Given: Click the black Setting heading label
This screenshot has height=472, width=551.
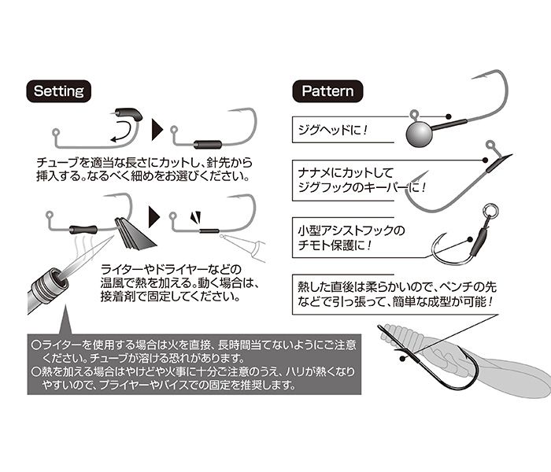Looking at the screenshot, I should pyautogui.click(x=60, y=90).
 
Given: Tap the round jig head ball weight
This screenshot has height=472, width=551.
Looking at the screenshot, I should pyautogui.click(x=419, y=131).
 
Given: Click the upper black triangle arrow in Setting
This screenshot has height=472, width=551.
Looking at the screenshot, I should pyautogui.click(x=156, y=130).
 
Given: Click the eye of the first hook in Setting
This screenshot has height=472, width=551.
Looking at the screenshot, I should pyautogui.click(x=56, y=131).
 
